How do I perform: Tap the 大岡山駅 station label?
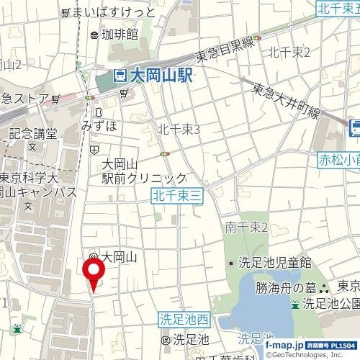(160, 76)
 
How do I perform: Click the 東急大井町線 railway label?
(286, 100)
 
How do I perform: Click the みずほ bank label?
(98, 124)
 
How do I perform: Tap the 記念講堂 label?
(32, 133)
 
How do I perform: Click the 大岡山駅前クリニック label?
(144, 171)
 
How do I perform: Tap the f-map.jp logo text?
(285, 346)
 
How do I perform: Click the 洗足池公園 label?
(330, 302)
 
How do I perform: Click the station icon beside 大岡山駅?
(120, 76)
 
